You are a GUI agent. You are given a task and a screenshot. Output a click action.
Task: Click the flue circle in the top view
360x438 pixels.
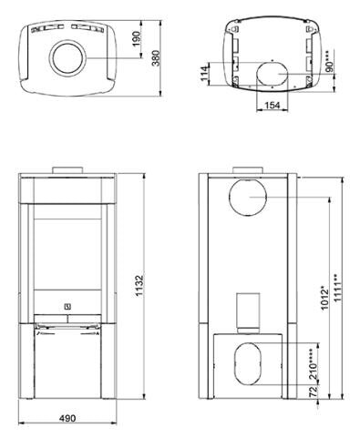point(69,56)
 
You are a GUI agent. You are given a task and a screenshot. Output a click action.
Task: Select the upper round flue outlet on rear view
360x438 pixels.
point(247,200)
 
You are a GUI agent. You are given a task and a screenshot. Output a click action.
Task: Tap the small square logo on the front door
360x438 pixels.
point(68,305)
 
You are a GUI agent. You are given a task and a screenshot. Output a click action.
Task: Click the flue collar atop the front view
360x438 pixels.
point(69,170)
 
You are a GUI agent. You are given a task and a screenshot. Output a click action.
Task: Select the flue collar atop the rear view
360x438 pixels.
point(247,170)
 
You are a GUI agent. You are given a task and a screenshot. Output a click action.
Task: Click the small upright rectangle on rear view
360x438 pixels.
point(247,311)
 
